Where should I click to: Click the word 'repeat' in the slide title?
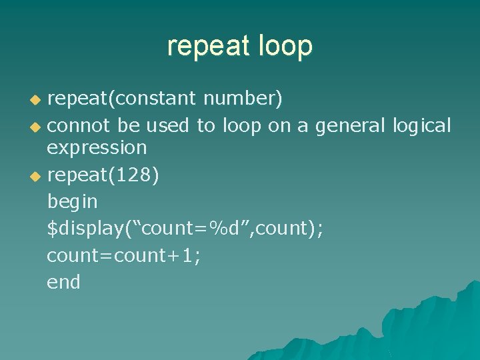206,46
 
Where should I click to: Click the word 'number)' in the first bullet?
243,99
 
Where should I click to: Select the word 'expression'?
97,147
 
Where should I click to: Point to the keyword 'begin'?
72,201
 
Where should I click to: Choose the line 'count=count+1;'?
123,255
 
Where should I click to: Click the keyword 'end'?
63,282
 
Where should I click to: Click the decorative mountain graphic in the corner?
400,327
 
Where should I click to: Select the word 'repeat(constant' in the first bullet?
121,99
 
